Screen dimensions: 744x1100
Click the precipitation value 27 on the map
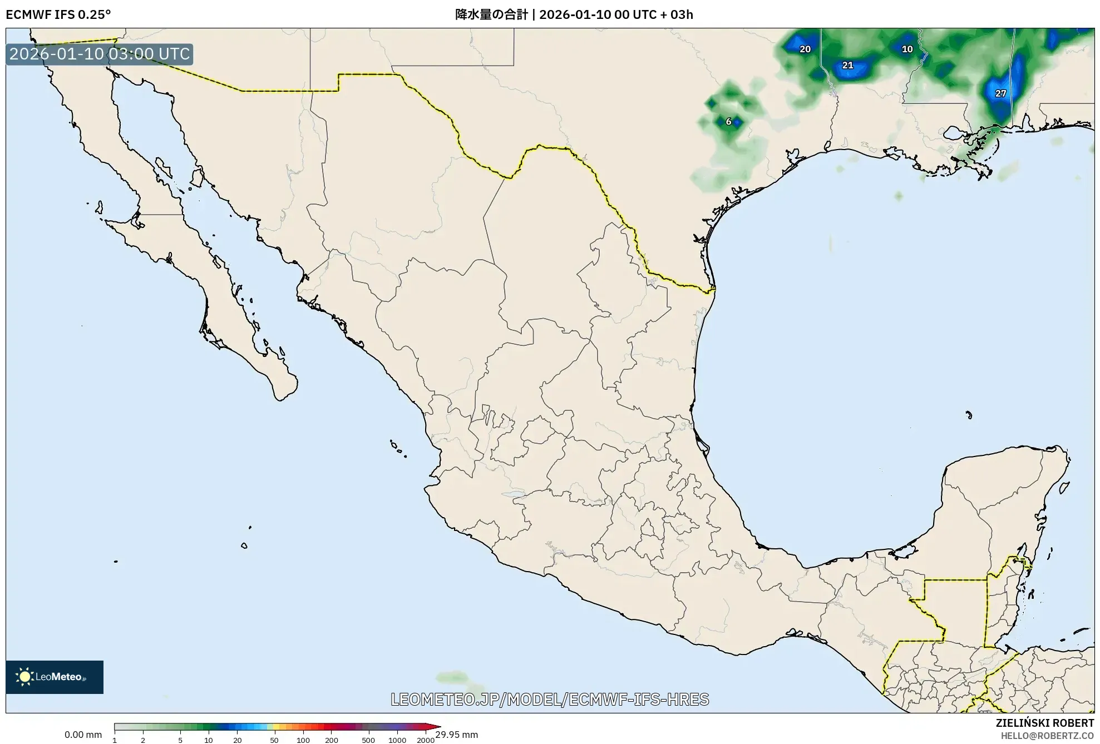(1000, 93)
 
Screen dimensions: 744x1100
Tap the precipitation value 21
(847, 66)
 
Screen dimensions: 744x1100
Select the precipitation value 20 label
(805, 49)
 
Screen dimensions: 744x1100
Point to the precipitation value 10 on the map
(907, 49)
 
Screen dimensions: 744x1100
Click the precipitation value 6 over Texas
(728, 122)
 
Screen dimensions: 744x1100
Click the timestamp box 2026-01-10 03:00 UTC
(100, 54)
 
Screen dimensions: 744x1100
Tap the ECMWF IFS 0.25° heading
(58, 14)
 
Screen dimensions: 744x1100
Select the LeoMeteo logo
(54, 677)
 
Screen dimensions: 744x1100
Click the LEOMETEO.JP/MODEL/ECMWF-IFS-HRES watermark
(550, 700)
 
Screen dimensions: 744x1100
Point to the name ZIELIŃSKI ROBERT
(1044, 723)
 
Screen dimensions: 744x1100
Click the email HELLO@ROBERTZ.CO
(1047, 736)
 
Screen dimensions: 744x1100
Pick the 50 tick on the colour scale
(274, 740)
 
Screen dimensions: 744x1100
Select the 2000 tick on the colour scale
(426, 740)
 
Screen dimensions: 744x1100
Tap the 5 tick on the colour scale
(180, 740)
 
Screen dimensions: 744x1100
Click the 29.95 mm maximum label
(456, 735)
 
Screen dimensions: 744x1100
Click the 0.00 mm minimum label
(83, 735)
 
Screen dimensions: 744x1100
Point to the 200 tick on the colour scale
(331, 740)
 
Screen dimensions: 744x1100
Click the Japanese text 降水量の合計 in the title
(491, 14)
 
